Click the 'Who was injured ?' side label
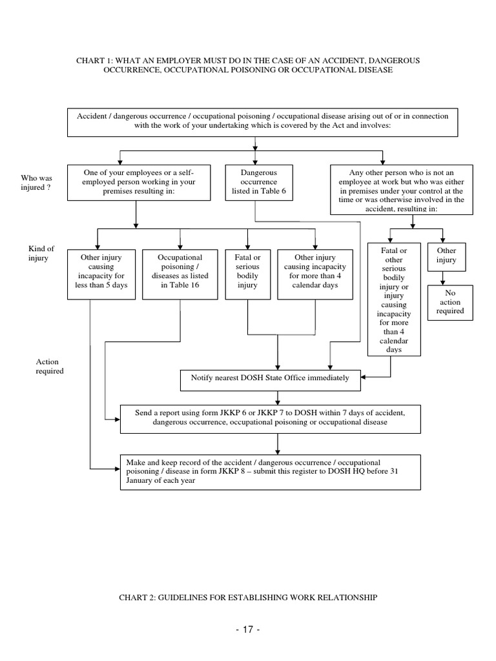click(37, 183)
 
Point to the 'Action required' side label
click(49, 367)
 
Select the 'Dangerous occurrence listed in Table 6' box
click(258, 183)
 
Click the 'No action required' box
click(450, 301)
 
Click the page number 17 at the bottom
click(247, 629)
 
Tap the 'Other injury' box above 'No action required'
click(446, 256)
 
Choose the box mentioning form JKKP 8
click(270, 472)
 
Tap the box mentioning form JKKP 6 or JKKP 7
click(270, 418)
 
